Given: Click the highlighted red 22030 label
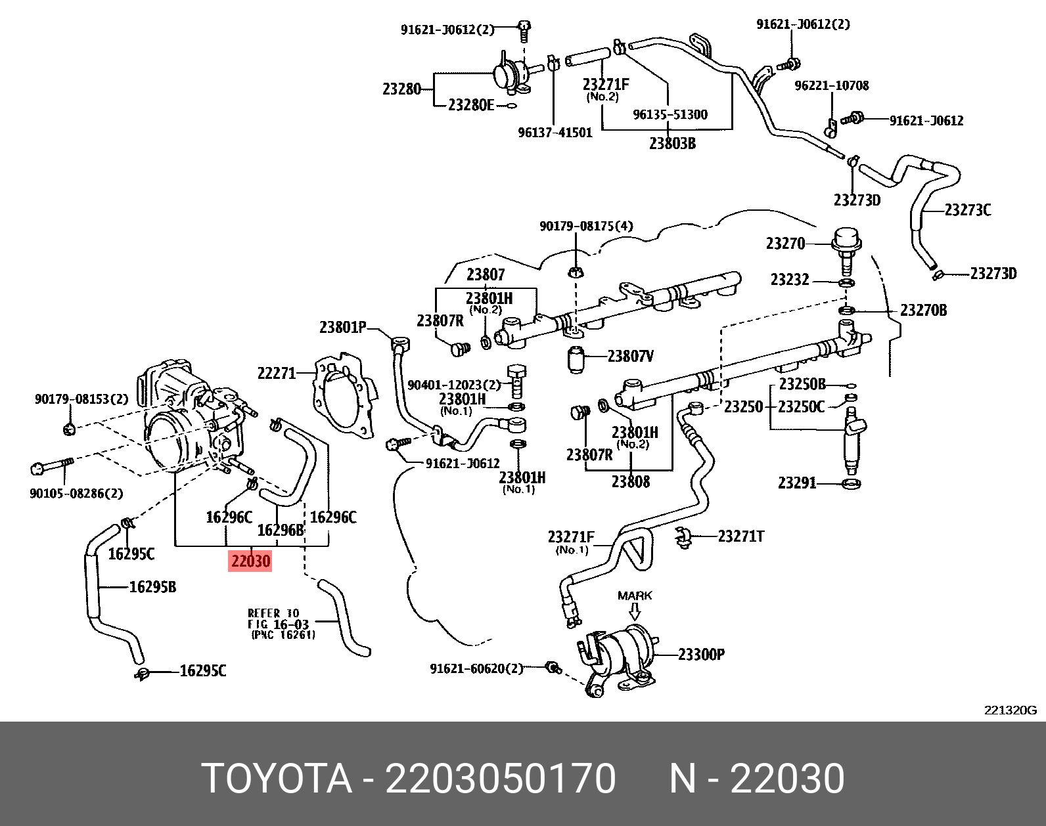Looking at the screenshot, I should click(250, 561).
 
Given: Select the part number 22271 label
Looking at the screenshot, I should click(277, 373).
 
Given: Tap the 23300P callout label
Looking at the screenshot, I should click(701, 655).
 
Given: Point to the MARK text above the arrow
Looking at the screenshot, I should click(635, 596).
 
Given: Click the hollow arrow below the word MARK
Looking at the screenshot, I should click(635, 612).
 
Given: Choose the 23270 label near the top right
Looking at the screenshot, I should click(785, 244).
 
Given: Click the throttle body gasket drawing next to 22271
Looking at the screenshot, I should click(345, 397).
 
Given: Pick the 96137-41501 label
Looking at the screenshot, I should click(555, 133).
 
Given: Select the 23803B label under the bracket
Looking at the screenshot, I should click(672, 143).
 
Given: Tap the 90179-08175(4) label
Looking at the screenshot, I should click(586, 226).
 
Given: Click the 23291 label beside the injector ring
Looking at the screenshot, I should click(797, 483).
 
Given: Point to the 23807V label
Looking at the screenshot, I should click(631, 356).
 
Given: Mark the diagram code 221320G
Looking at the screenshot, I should click(1010, 710).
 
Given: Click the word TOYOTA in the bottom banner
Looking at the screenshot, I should click(277, 779).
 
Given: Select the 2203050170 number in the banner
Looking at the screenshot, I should click(500, 779).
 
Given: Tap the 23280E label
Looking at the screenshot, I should click(471, 105).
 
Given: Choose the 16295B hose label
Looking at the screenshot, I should click(152, 587).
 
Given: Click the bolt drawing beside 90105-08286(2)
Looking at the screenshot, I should click(51, 466).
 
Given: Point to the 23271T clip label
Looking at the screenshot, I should click(741, 536).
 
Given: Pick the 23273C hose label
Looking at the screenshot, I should click(968, 210).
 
